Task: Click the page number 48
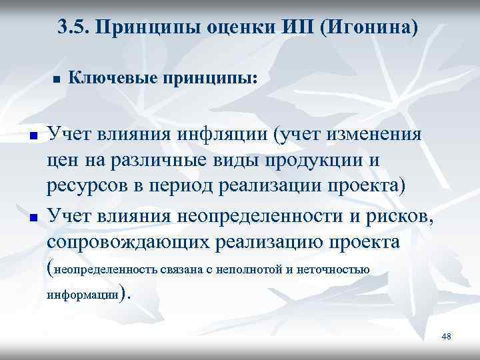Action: point(446,337)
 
